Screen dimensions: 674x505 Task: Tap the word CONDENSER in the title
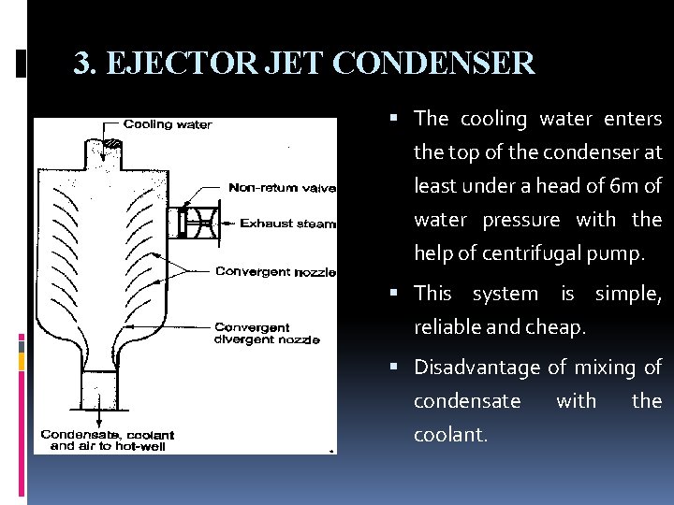[x=433, y=64]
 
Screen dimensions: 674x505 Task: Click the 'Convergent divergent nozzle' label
[x=267, y=333]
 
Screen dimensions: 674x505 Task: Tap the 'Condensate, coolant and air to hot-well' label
[x=107, y=440]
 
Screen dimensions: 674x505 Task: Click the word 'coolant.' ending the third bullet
[x=451, y=435]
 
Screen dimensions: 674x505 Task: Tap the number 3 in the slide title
[x=82, y=64]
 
